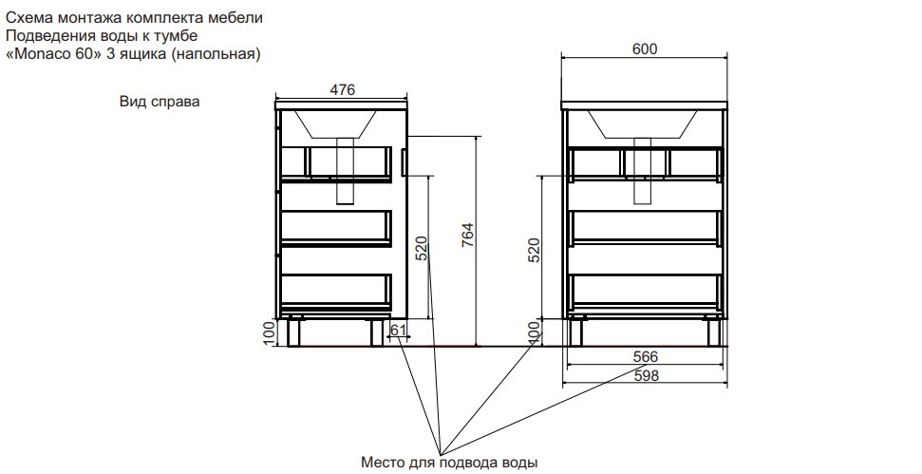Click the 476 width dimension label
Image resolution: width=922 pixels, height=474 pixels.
pyautogui.click(x=342, y=89)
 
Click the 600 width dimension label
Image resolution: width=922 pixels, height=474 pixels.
pyautogui.click(x=645, y=48)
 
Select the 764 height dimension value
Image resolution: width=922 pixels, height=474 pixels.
pyautogui.click(x=467, y=236)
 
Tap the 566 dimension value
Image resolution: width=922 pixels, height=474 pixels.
pyautogui.click(x=646, y=356)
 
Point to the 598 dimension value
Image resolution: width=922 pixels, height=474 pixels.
pyautogui.click(x=646, y=375)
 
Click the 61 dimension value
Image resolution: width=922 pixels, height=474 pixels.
pyautogui.click(x=399, y=330)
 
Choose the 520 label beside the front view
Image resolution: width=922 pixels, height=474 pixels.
pyautogui.click(x=534, y=250)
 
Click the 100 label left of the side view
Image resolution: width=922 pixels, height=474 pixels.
pyautogui.click(x=269, y=332)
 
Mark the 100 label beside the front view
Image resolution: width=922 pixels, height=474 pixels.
pyautogui.click(x=534, y=332)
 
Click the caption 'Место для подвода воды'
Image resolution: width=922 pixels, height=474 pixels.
pyautogui.click(x=449, y=463)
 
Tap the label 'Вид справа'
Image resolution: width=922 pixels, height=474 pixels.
pyautogui.click(x=160, y=101)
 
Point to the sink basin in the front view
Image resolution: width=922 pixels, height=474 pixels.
pyautogui.click(x=643, y=123)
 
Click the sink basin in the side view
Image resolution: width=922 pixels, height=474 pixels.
pyautogui.click(x=335, y=123)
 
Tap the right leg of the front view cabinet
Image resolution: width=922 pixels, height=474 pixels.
pyautogui.click(x=713, y=332)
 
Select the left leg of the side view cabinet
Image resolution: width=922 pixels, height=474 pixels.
pyautogui.click(x=294, y=332)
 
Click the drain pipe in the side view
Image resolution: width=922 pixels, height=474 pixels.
pyautogui.click(x=346, y=171)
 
